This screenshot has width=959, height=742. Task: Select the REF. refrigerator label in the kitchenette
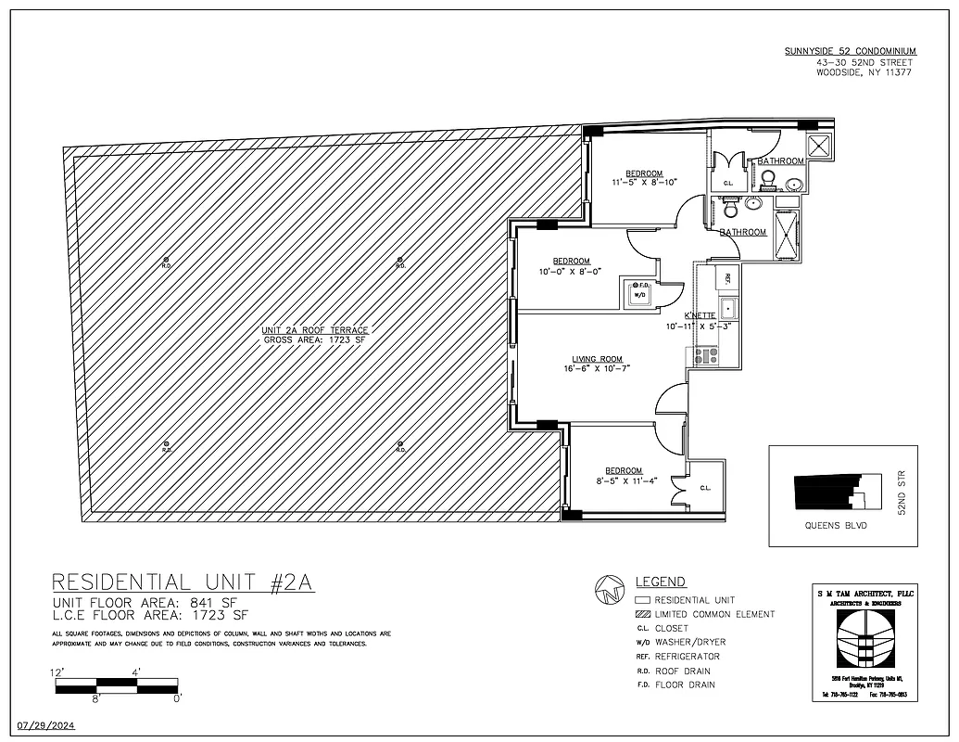pyautogui.click(x=727, y=277)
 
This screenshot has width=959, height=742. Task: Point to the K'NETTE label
pyautogui.click(x=700, y=315)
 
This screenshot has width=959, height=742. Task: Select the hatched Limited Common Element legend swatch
pyautogui.click(x=640, y=614)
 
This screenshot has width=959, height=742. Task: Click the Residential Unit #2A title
pyautogui.click(x=183, y=582)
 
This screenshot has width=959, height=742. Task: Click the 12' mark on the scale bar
pyautogui.click(x=57, y=672)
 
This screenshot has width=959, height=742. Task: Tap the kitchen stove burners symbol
pyautogui.click(x=700, y=354)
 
